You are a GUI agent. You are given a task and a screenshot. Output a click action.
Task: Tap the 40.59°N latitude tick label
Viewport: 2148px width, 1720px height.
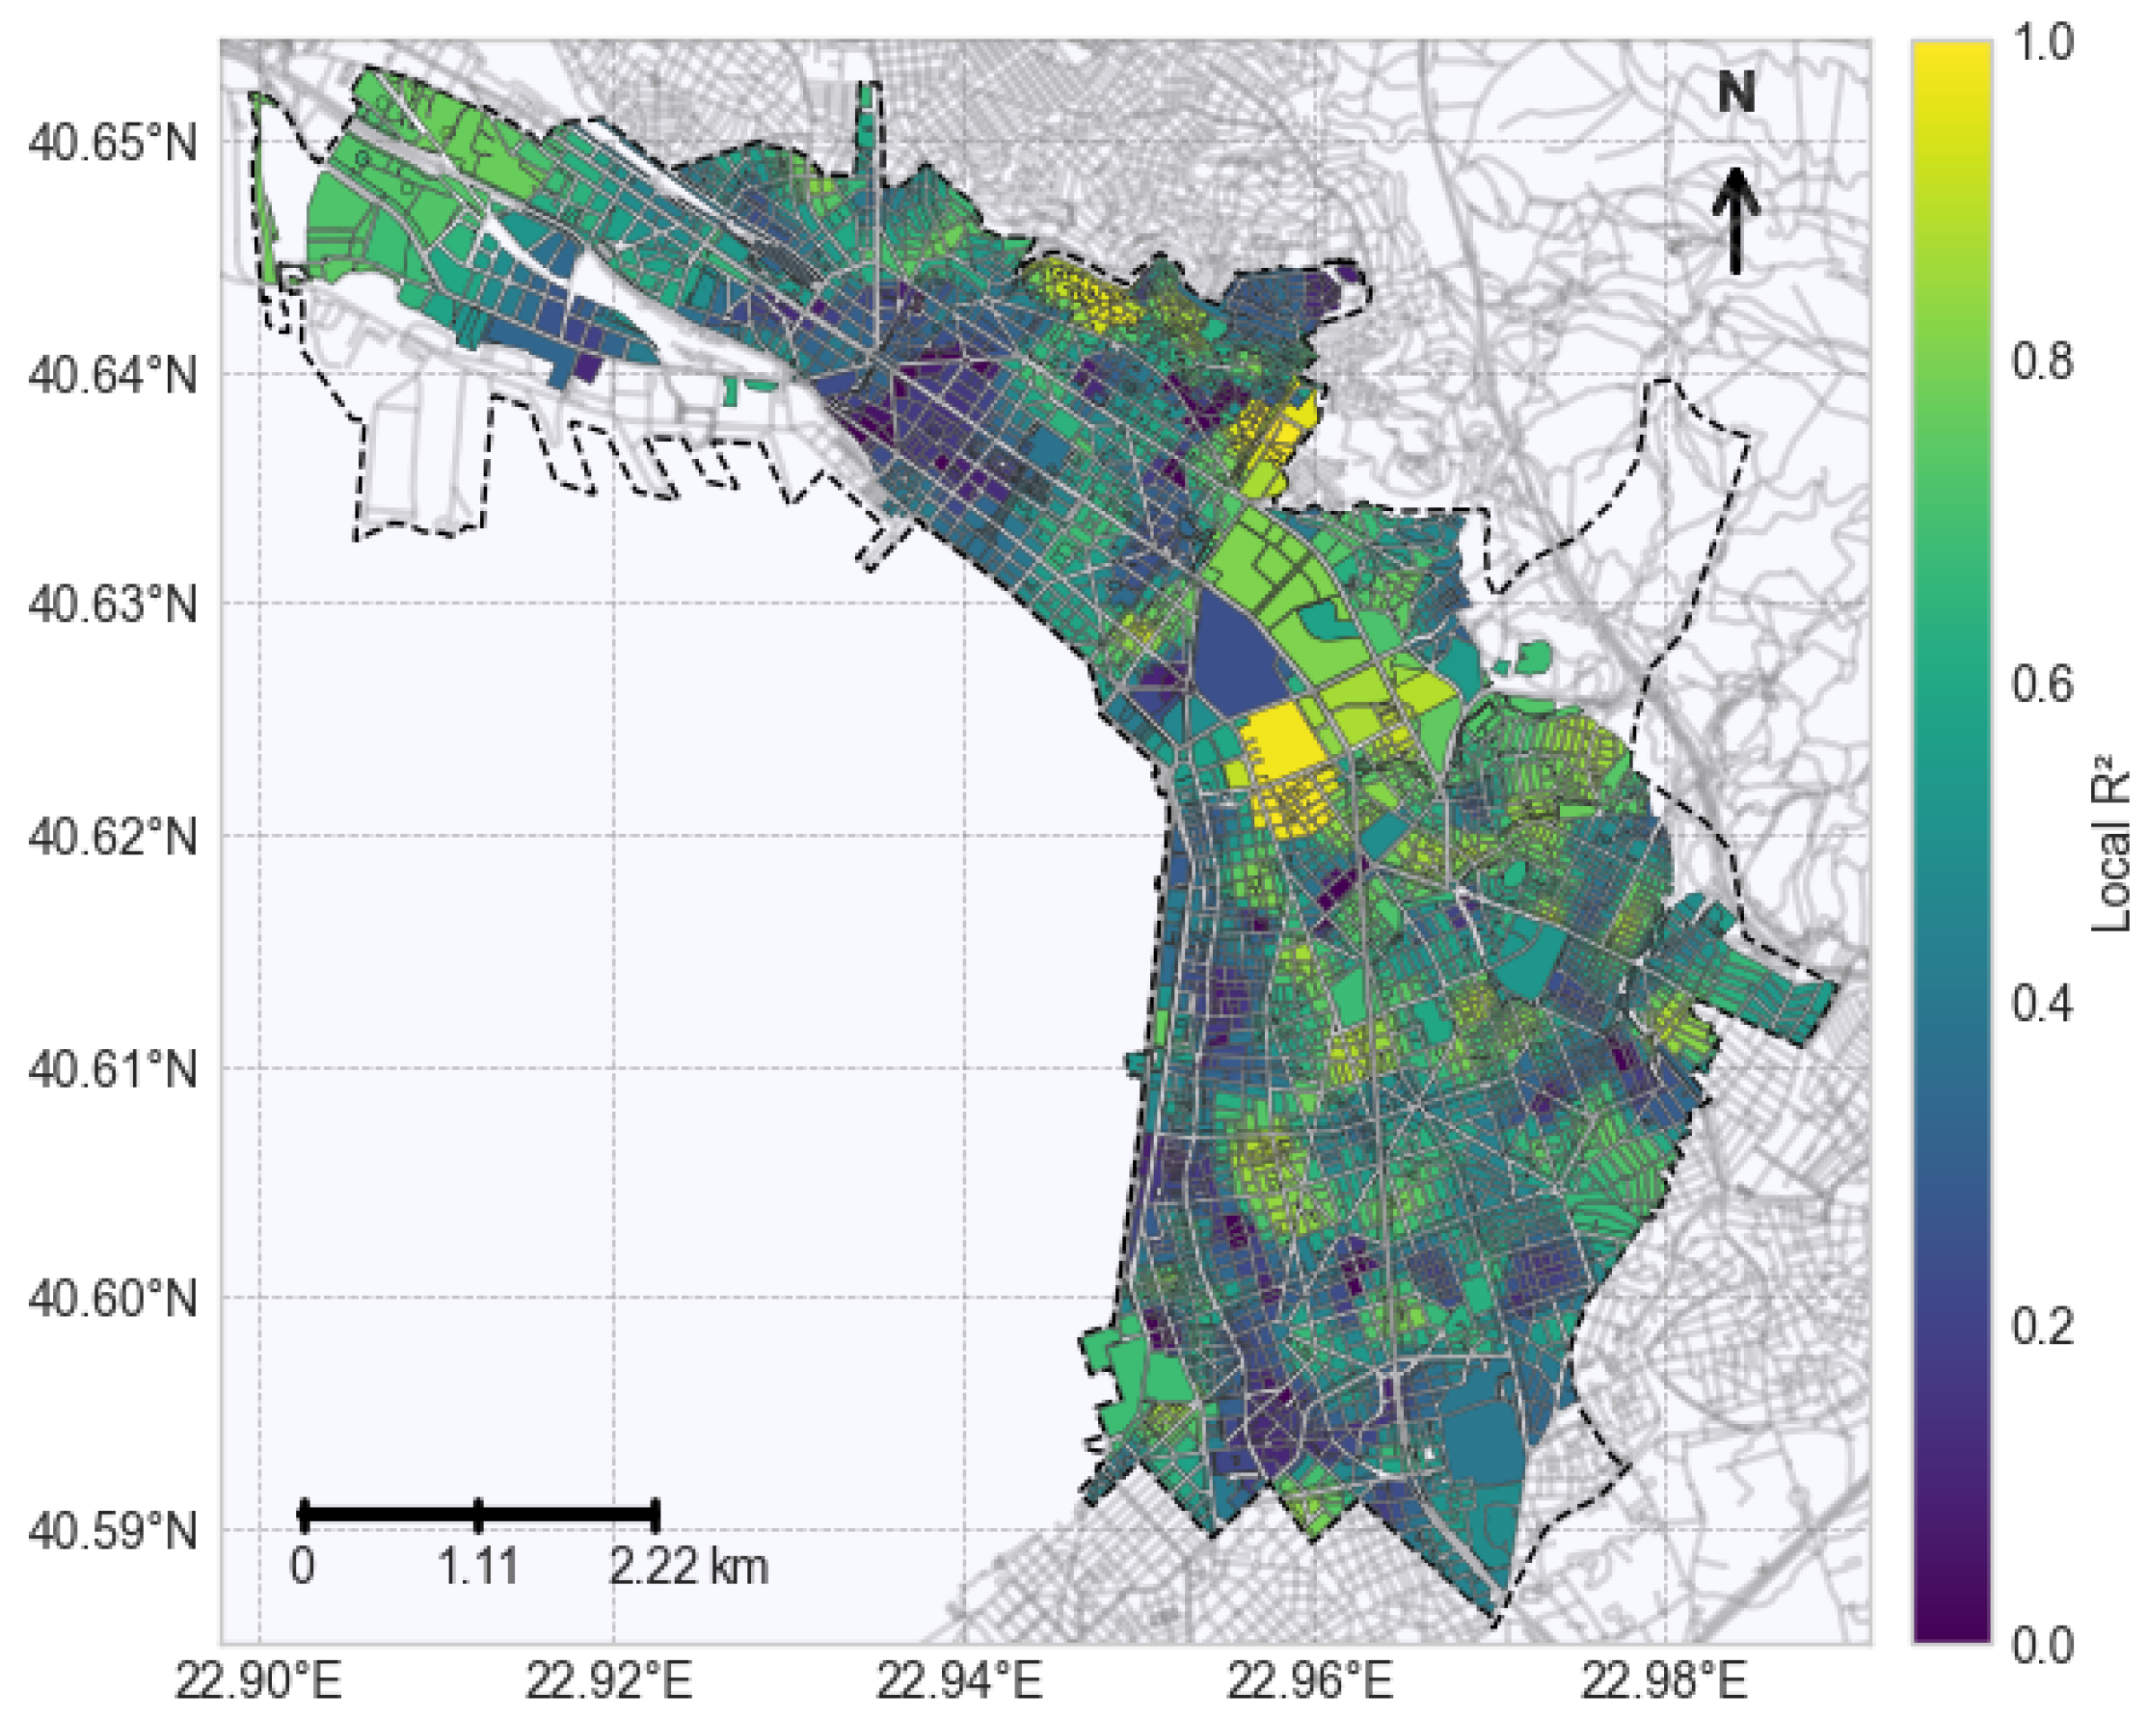[113, 1532]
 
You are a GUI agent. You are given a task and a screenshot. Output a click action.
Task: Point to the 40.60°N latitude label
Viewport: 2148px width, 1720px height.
[113, 1301]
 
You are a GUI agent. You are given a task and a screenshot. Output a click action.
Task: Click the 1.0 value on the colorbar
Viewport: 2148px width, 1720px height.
[2041, 42]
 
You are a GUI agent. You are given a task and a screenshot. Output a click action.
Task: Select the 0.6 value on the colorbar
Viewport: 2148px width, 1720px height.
[2041, 685]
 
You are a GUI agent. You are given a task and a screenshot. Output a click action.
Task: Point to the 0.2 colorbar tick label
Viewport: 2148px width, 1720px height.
[2041, 1327]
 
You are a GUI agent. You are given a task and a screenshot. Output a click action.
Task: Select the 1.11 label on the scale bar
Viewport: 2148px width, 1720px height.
[478, 1568]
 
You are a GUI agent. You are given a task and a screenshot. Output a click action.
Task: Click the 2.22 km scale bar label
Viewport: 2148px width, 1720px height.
[688, 1568]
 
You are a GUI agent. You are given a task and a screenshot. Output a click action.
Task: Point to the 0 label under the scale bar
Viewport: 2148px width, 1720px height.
[303, 1568]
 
